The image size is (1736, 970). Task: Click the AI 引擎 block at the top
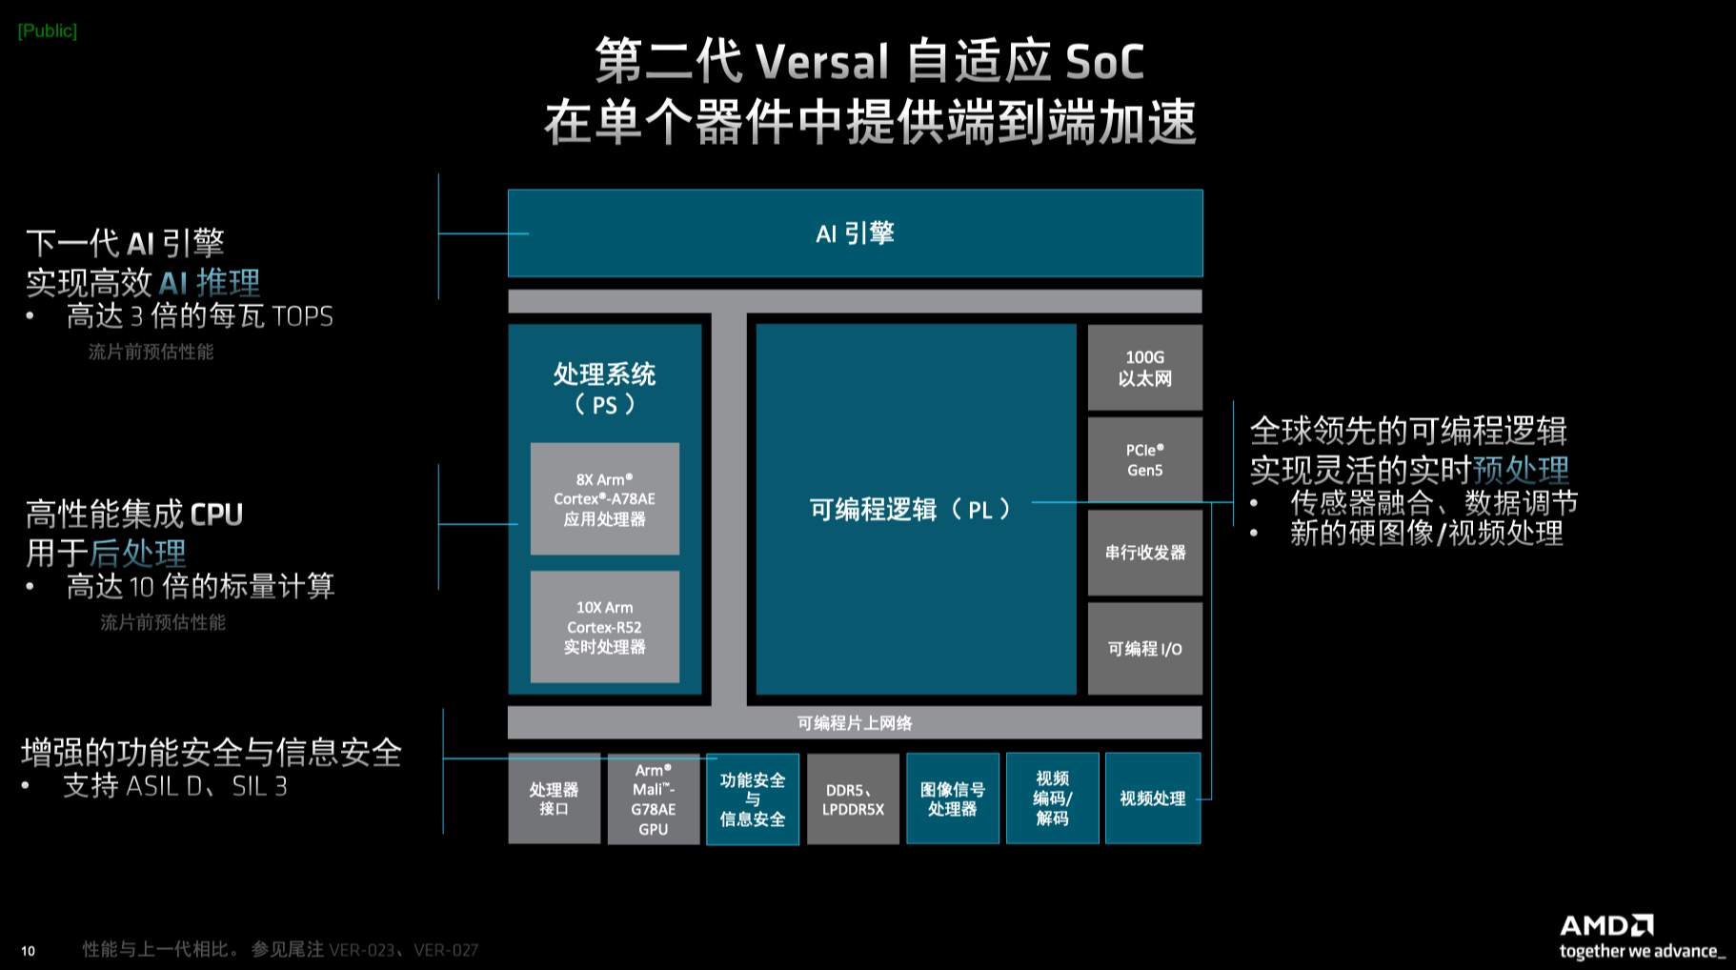(x=855, y=233)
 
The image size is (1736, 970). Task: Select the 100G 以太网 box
(x=1145, y=368)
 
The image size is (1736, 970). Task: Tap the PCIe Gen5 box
(x=1145, y=459)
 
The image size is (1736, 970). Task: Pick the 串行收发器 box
(x=1145, y=552)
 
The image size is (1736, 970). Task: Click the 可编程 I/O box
(x=1145, y=648)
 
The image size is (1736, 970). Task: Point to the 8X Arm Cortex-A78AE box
(x=605, y=498)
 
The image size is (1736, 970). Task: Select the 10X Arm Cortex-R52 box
(x=605, y=627)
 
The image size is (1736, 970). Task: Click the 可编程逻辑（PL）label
(x=910, y=510)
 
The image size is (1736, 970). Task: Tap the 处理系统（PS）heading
(x=605, y=388)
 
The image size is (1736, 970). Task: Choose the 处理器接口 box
(x=555, y=798)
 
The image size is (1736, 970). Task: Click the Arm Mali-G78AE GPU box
(x=654, y=798)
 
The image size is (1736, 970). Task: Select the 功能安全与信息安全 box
(x=753, y=798)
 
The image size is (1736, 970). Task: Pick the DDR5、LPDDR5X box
(x=853, y=798)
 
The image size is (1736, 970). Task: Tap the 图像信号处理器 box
(x=953, y=798)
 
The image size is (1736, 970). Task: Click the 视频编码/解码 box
(x=1053, y=798)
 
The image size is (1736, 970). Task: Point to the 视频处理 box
(x=1153, y=798)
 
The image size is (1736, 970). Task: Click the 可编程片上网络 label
(x=855, y=723)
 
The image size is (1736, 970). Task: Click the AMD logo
(x=1607, y=925)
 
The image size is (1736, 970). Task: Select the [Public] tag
(x=48, y=30)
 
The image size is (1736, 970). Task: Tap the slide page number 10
(x=29, y=951)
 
